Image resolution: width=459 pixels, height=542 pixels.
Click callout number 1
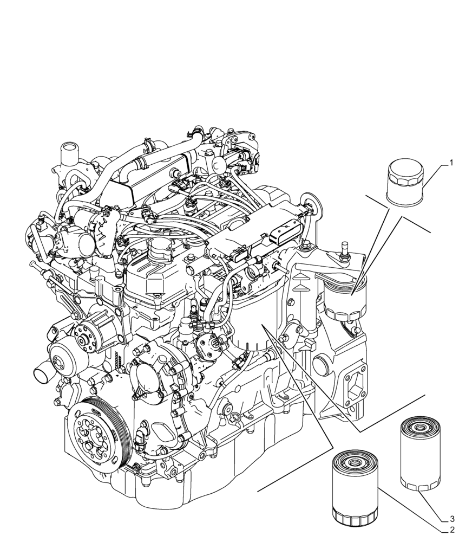pyautogui.click(x=449, y=163)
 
